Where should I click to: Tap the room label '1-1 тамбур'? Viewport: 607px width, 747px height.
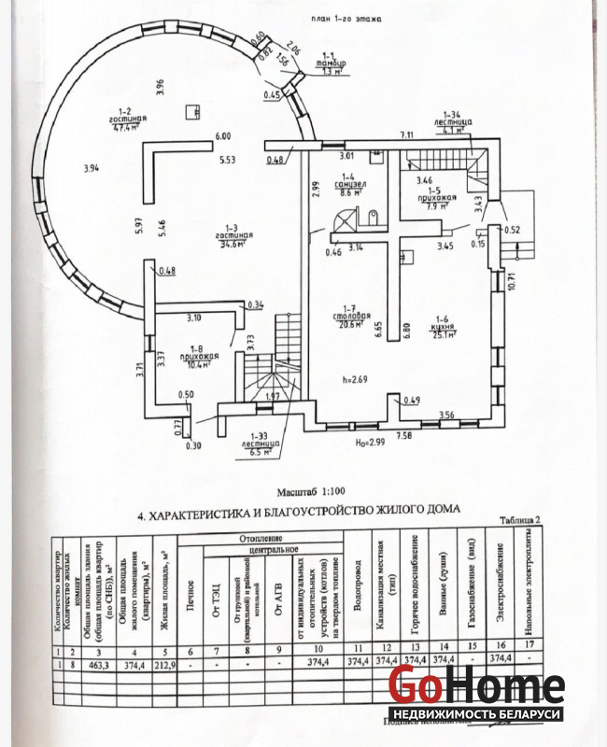tap(328, 63)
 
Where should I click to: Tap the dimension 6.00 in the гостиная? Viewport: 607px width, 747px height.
tap(222, 137)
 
